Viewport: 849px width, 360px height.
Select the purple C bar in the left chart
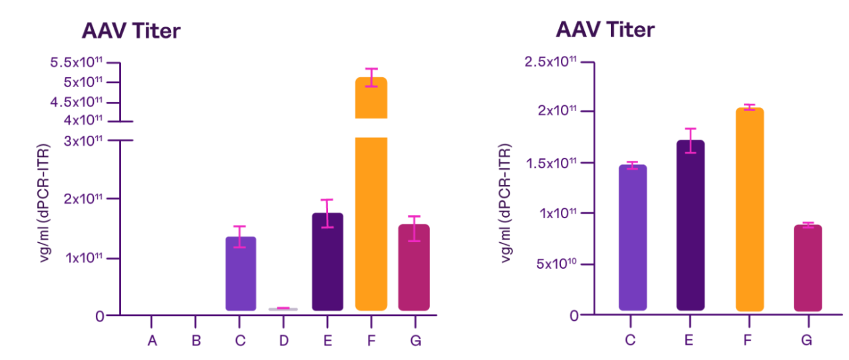tap(240, 273)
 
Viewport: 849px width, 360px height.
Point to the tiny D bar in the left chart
tap(283, 309)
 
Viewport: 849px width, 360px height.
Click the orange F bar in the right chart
tap(749, 210)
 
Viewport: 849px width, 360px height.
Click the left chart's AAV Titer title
tap(130, 31)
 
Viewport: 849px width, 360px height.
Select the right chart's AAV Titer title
tap(605, 30)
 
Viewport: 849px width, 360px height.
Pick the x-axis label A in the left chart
tap(152, 341)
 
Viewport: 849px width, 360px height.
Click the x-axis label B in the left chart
tap(196, 341)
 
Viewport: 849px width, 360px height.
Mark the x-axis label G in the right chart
tap(807, 341)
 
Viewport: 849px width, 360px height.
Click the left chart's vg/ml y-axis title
tap(46, 202)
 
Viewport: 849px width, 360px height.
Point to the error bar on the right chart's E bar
tap(691, 140)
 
